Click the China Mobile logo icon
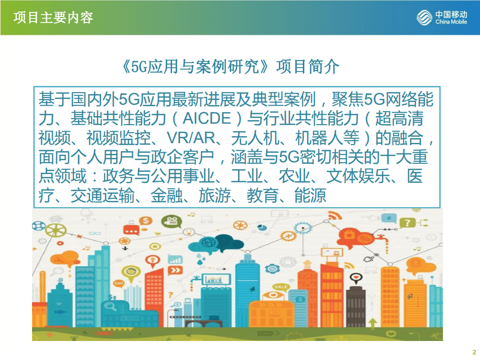[x=425, y=18]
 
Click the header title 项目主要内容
[x=54, y=18]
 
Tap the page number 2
[x=473, y=350]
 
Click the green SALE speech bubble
[x=280, y=286]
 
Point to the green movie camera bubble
[x=168, y=220]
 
